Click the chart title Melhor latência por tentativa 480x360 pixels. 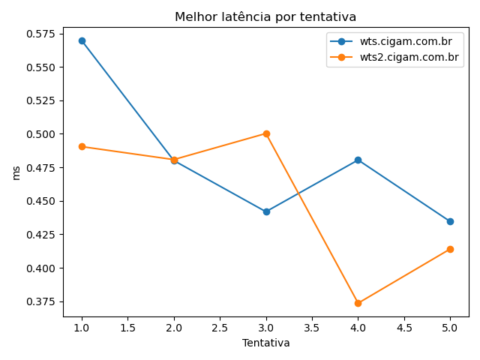pos(265,16)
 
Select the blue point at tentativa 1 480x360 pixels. pos(82,40)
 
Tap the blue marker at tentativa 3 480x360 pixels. pos(266,211)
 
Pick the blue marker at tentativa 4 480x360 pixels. pos(358,160)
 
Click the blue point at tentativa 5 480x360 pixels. pos(450,221)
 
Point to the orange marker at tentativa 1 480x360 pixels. pos(82,146)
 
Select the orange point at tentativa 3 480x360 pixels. pos(266,133)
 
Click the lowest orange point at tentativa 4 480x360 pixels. pos(358,303)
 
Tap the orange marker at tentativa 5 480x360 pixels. pos(450,249)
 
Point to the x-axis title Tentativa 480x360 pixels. pos(265,343)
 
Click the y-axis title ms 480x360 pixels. pos(16,172)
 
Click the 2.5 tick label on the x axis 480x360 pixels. pos(220,327)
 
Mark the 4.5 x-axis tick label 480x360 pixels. pos(403,327)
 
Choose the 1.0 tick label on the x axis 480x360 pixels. pos(82,327)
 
